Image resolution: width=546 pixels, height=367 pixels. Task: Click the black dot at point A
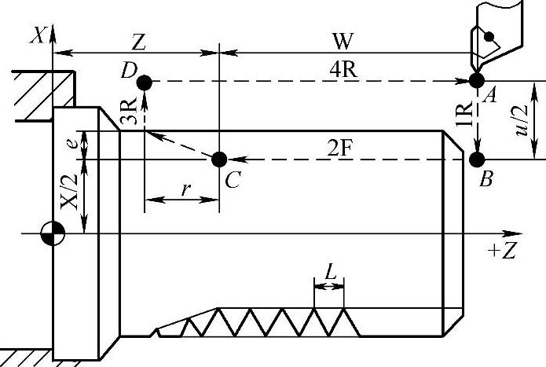tap(475, 80)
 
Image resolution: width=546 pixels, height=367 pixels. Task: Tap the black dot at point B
tap(476, 160)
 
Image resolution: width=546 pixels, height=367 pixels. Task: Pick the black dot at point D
tap(143, 81)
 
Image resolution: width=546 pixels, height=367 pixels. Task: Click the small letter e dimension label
tap(71, 145)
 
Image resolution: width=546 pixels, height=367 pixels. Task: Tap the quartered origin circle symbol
tap(53, 233)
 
